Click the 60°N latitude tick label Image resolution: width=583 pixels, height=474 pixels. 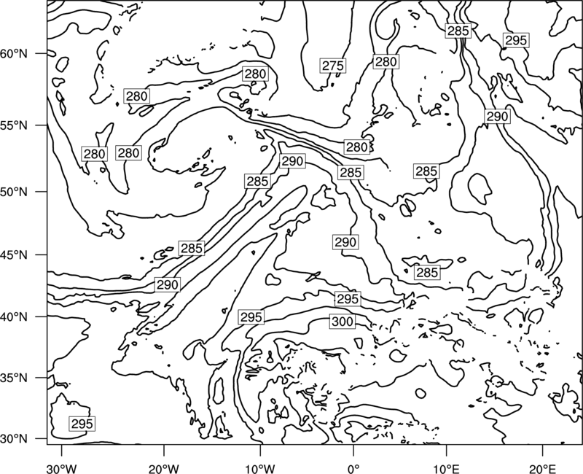(14, 53)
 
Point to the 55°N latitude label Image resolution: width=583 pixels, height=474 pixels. (14, 125)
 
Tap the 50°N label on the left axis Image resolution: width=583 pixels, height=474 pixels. (14, 192)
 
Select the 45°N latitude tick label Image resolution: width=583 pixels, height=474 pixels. (14, 255)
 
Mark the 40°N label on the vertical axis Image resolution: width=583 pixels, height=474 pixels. (14, 317)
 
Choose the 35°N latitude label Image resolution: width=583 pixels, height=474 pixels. (14, 378)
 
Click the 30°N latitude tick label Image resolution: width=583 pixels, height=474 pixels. (14, 439)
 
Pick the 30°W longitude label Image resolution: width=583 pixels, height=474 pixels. (61, 468)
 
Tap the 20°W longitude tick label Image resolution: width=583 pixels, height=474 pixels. (163, 468)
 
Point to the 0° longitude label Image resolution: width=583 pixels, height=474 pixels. (353, 468)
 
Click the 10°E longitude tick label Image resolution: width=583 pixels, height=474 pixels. (446, 468)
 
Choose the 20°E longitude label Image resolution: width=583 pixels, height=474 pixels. (542, 468)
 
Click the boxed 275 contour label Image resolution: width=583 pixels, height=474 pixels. (333, 66)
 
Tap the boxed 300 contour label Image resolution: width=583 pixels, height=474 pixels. (342, 322)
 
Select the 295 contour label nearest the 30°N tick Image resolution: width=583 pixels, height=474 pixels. (82, 424)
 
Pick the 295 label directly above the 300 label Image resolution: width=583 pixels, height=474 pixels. (348, 299)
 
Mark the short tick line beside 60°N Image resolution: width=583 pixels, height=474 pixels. (42, 53)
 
